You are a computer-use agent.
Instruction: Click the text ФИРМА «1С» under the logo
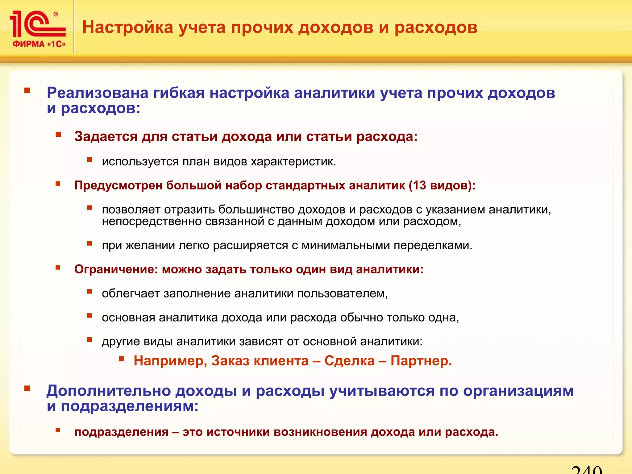coord(39,44)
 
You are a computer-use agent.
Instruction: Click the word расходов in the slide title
coord(436,27)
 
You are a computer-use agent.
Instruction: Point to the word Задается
coord(106,136)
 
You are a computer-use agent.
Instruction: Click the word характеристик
coord(293,162)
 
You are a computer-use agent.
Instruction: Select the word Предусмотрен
coord(118,185)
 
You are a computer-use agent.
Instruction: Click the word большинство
coord(256,210)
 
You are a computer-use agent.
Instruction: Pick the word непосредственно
coord(152,221)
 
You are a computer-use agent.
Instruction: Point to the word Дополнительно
coord(108,391)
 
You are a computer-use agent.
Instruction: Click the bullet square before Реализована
coord(27,91)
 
